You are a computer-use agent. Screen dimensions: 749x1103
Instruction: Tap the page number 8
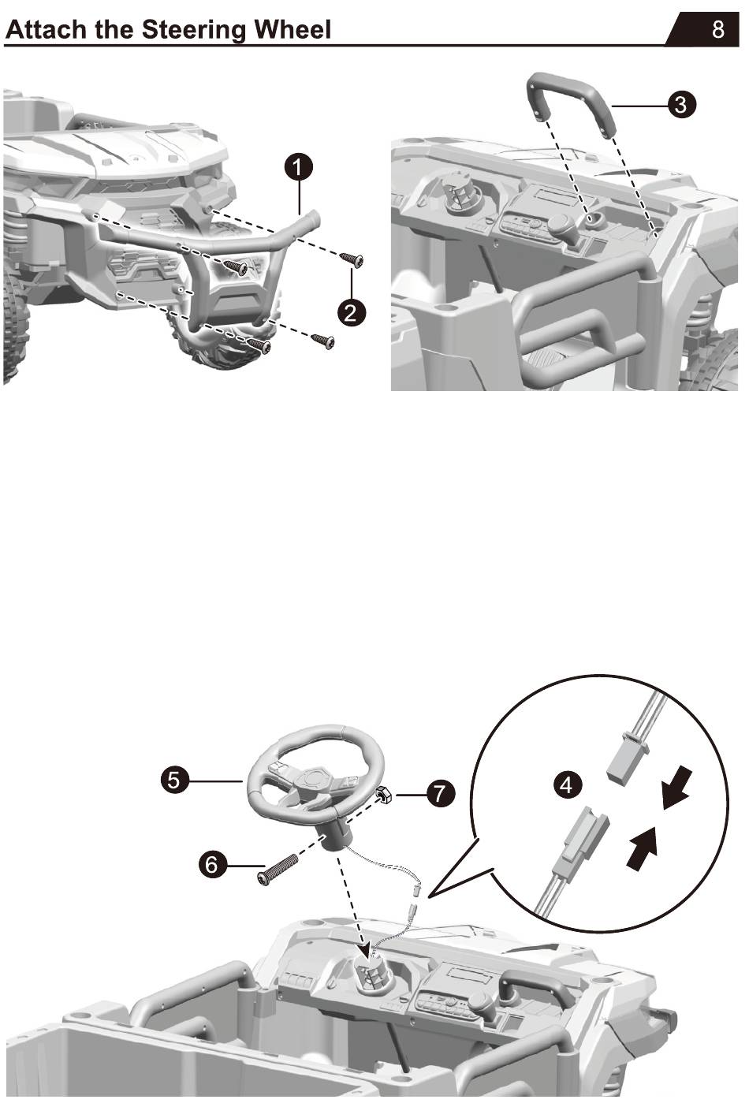coord(718,29)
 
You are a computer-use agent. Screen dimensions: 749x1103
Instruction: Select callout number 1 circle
coord(299,167)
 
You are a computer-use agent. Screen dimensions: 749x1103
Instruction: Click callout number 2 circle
coord(351,311)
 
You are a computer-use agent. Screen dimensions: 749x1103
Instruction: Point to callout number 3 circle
coord(681,104)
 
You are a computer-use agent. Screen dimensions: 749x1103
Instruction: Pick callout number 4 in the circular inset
coord(567,785)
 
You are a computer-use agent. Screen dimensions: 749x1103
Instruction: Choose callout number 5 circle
coord(174,781)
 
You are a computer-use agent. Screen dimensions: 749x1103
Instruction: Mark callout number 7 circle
coord(440,793)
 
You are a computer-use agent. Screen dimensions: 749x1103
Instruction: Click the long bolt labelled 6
coord(278,870)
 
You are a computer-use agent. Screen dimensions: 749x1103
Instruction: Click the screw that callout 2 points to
coord(351,259)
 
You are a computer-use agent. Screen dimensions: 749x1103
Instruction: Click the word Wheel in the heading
coord(296,30)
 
